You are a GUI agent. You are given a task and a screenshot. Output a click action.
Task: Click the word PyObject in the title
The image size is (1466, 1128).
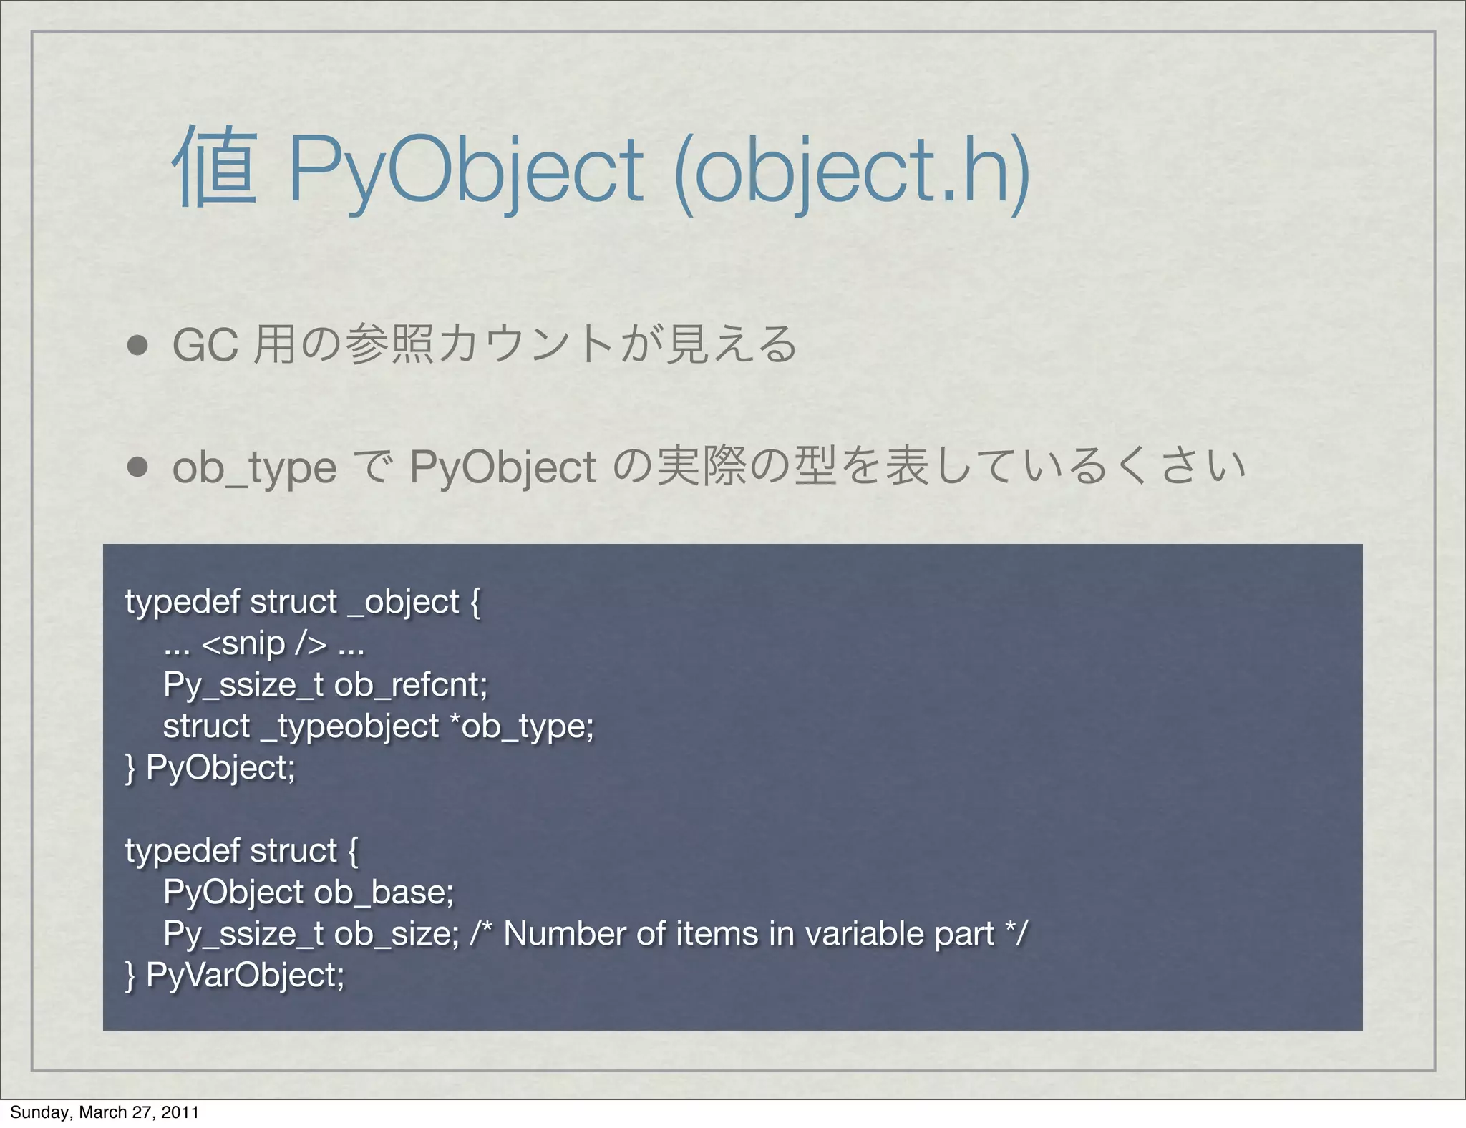[466, 172]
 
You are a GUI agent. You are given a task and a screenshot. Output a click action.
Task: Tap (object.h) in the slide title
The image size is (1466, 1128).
[852, 172]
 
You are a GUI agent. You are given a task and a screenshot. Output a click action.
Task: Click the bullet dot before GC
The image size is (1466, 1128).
[137, 346]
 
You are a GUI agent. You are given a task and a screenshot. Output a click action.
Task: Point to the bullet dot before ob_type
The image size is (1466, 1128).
[137, 467]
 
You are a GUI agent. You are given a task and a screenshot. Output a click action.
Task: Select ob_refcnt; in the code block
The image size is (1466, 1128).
[411, 685]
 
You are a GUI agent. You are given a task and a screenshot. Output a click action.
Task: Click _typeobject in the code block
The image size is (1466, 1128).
[350, 726]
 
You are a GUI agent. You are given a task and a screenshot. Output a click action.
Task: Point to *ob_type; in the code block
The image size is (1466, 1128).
[522, 726]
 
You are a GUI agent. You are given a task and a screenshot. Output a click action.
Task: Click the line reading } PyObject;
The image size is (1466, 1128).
[210, 768]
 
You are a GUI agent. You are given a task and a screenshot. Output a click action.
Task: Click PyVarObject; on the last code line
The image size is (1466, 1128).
[245, 976]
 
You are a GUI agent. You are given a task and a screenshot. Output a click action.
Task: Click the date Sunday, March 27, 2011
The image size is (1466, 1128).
[105, 1112]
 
